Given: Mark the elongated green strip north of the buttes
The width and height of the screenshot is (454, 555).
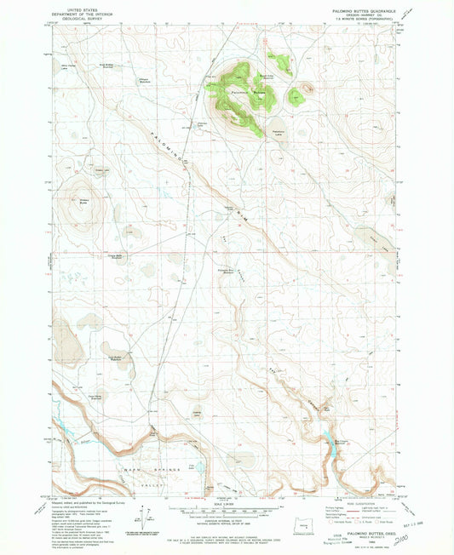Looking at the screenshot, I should point(279,61).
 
